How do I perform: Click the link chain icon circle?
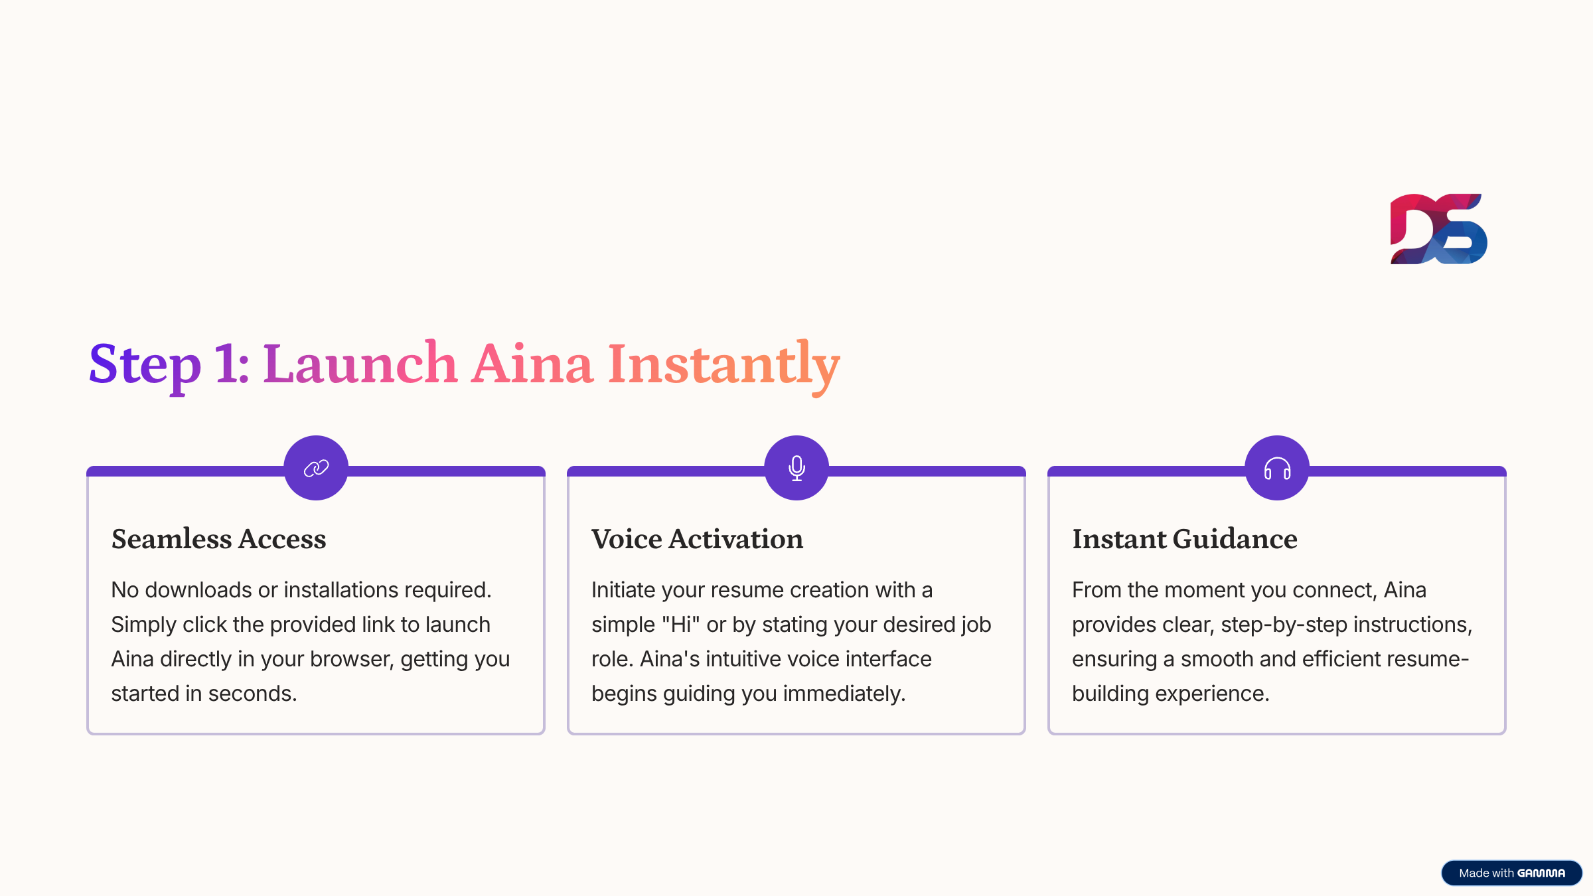[316, 468]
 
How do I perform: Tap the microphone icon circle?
[796, 468]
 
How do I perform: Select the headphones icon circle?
[1277, 468]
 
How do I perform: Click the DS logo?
[1438, 229]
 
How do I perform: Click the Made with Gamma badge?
[1511, 873]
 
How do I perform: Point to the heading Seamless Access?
[219, 538]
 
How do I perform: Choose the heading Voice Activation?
[697, 538]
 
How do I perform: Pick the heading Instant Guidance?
[1185, 538]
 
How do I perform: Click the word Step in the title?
[145, 365]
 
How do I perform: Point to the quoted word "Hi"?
[681, 624]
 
